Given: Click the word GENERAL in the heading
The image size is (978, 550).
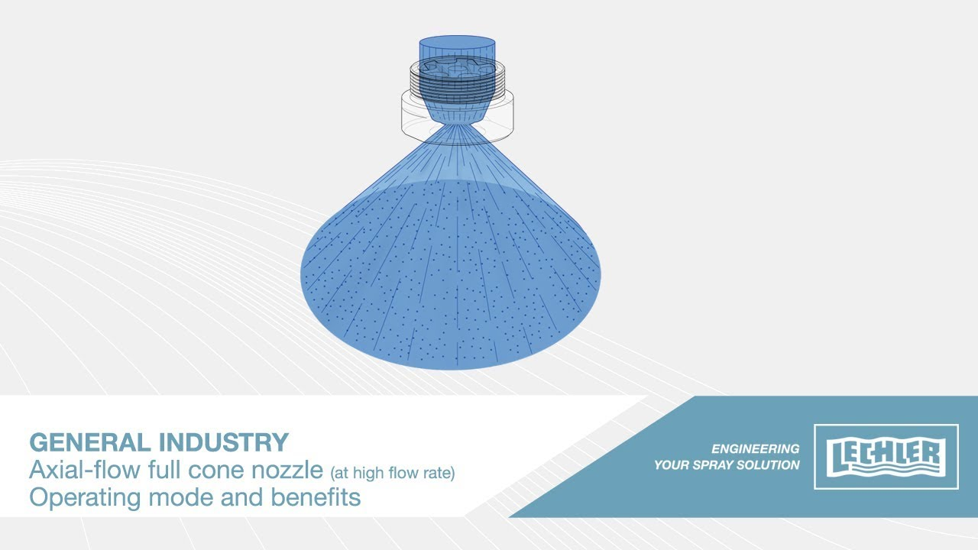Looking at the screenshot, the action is click(90, 442).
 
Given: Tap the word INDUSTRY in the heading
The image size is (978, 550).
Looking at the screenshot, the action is click(224, 442).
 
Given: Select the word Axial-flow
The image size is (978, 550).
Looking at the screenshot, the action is click(85, 470).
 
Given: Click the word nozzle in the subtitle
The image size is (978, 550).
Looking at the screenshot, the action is click(287, 470).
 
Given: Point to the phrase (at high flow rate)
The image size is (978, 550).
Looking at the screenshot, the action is click(393, 473).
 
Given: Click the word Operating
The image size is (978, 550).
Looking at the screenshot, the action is click(85, 498).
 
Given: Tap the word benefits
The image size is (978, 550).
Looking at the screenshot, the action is click(316, 497).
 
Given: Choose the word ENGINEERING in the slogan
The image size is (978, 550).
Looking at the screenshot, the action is click(756, 448).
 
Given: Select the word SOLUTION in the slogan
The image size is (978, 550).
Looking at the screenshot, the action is click(768, 465).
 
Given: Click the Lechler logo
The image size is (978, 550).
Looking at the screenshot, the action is click(886, 457).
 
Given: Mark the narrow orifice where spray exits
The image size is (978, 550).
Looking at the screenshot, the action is click(457, 125).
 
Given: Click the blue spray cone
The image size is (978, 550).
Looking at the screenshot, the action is click(451, 270).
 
